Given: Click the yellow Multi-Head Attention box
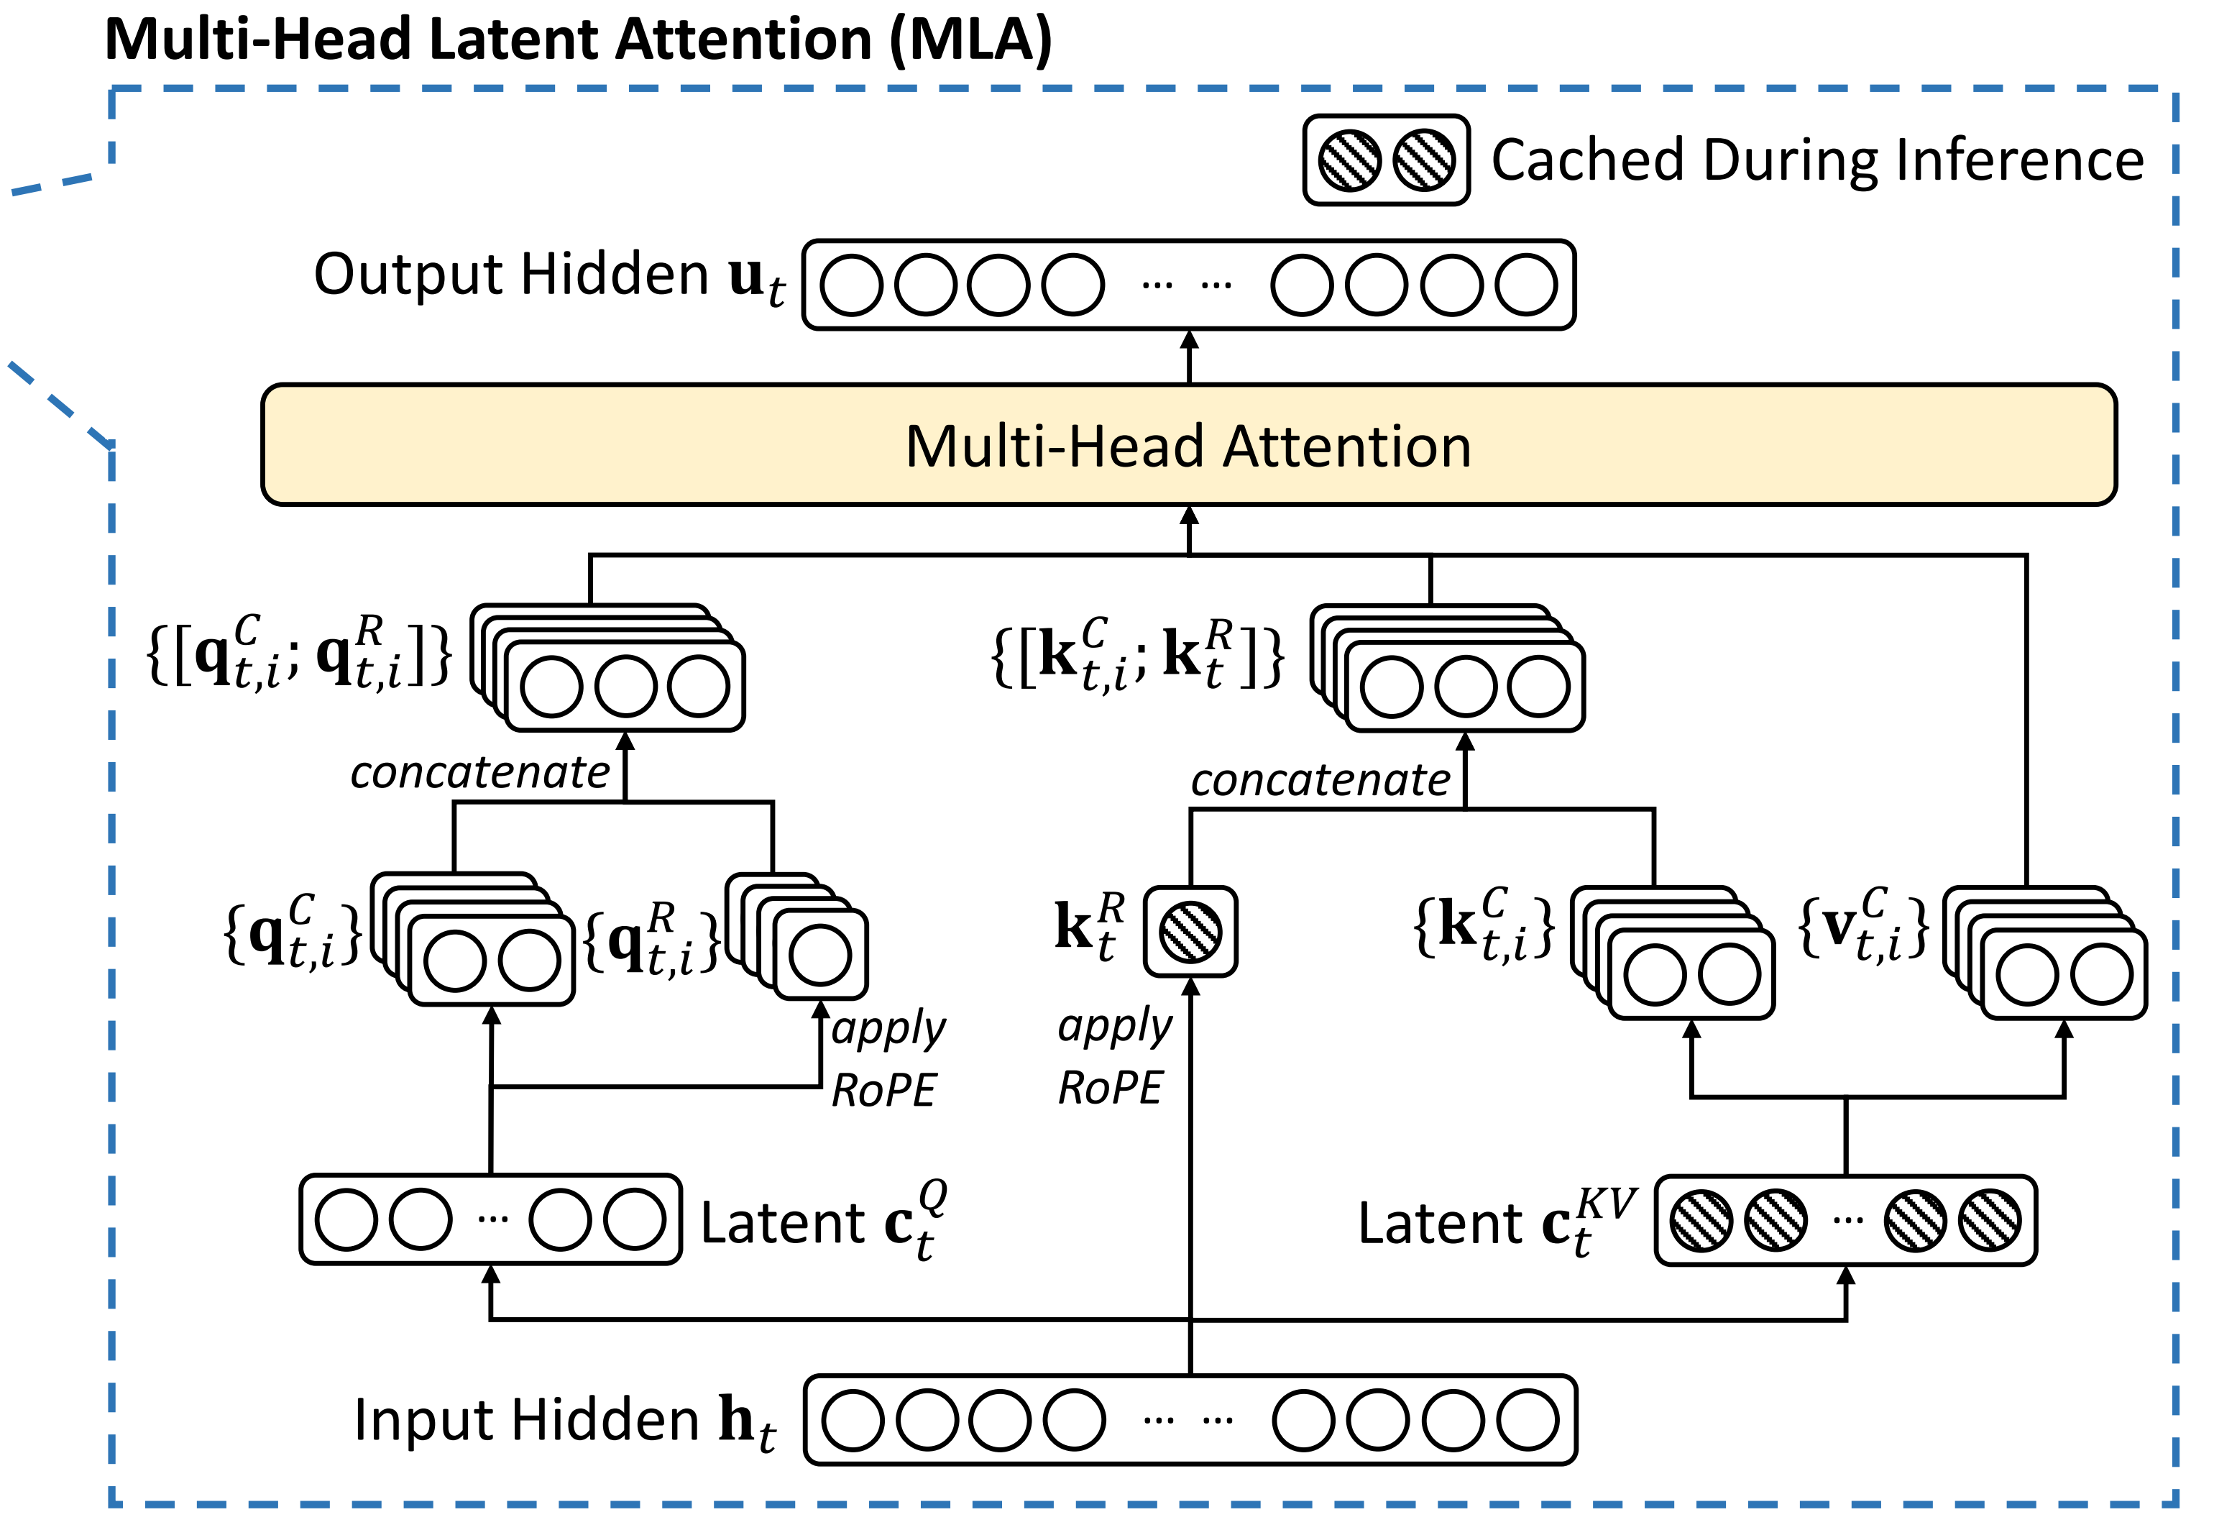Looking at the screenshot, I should click(x=1188, y=446).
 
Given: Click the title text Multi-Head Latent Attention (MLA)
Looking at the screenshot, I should click(x=578, y=40).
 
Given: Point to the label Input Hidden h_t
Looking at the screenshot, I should click(x=566, y=1421).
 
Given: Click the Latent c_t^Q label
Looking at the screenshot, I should click(x=823, y=1222).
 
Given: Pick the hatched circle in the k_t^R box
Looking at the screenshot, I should click(x=1190, y=932).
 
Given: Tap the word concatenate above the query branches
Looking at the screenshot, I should click(x=479, y=771).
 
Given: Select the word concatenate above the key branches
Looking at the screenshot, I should click(x=1320, y=779).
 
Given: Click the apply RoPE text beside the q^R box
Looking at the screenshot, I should click(x=886, y=1059).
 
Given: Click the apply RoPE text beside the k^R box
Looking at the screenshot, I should click(x=1113, y=1056).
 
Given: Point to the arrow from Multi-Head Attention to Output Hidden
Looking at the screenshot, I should click(x=1190, y=357).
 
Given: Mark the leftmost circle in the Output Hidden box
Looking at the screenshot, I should click(x=851, y=285).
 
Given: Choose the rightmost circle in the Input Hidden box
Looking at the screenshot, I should click(x=1528, y=1421).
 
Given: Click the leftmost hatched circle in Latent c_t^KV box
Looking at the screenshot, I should click(x=1701, y=1220).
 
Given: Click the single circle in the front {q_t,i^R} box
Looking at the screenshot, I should click(x=820, y=955).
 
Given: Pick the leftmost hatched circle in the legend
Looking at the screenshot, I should click(x=1349, y=160).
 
